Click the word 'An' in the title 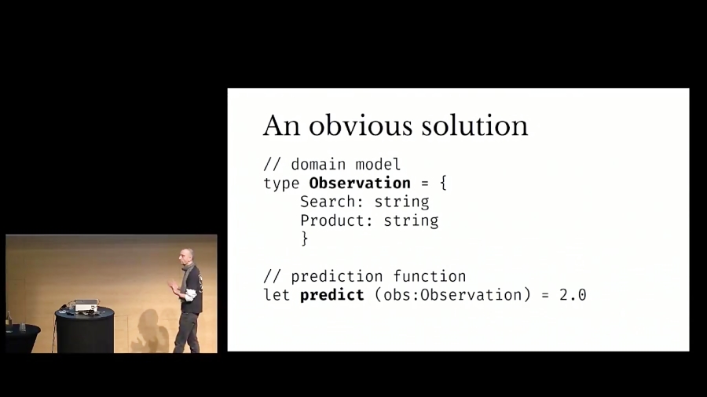[x=281, y=126]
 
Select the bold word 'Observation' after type [x=360, y=183]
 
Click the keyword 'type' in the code [x=281, y=183]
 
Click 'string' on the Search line [x=401, y=202]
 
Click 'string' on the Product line [x=411, y=220]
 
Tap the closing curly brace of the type [x=305, y=239]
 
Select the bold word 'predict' [x=332, y=295]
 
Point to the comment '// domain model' [x=332, y=165]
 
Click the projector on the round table [x=85, y=304]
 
